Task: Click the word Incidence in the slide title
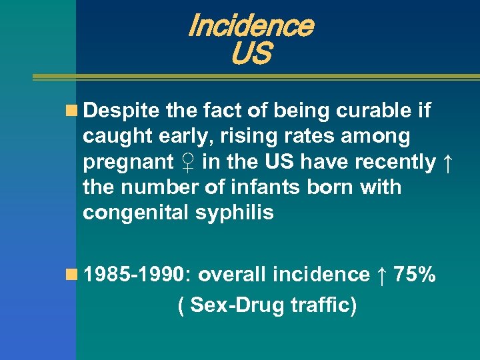[x=250, y=26]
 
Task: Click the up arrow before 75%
[x=381, y=274]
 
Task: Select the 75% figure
[x=415, y=274]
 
